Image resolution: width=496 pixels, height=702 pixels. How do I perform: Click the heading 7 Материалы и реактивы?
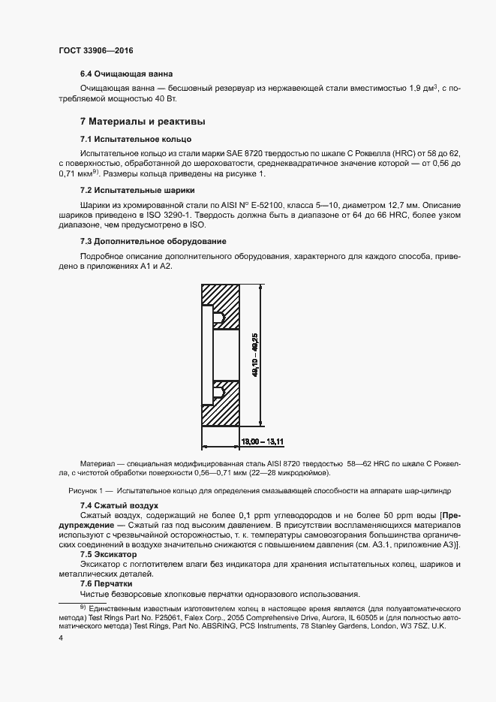(143, 121)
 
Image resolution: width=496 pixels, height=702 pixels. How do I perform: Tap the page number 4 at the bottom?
(60, 638)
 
